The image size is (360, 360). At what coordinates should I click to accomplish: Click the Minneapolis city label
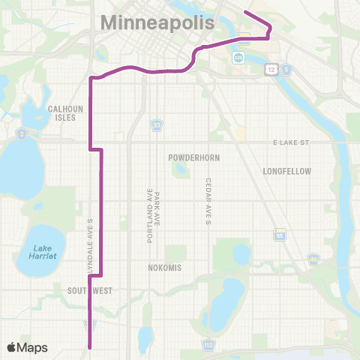(x=157, y=23)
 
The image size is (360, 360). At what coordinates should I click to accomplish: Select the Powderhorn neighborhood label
(x=191, y=159)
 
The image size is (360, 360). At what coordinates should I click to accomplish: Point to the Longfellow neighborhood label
(x=286, y=171)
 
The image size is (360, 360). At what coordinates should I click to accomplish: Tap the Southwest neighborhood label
(x=89, y=289)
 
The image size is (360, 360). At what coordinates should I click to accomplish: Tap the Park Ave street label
(x=158, y=214)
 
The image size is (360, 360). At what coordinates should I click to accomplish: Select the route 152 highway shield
(x=208, y=344)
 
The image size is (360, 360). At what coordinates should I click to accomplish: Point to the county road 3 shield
(x=22, y=133)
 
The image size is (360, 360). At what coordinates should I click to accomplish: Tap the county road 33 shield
(x=157, y=123)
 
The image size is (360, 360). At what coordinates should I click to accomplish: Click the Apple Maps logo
(x=27, y=347)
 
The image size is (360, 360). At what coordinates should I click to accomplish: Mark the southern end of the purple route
(x=91, y=347)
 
